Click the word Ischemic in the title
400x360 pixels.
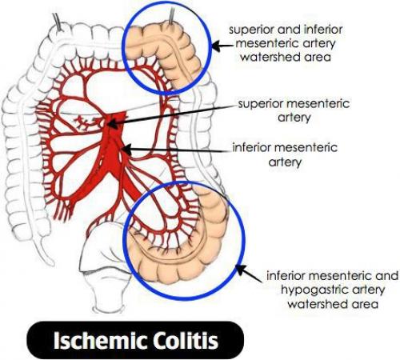pos(97,341)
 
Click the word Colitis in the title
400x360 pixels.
pos(182,341)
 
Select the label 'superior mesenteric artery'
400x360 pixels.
pos(294,110)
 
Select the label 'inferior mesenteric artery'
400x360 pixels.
pos(285,154)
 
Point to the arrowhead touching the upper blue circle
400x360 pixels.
pos(216,46)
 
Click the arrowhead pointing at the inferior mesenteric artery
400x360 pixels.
pos(126,149)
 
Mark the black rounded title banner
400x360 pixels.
pos(135,341)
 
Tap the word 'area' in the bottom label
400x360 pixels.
pos(366,305)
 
